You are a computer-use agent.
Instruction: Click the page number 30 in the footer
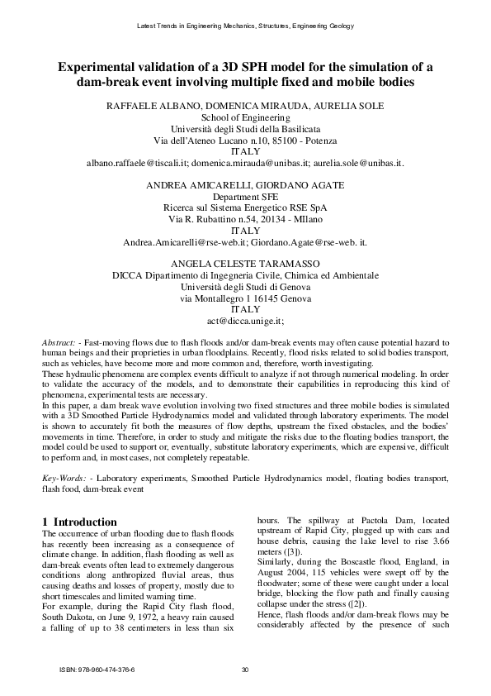(x=245, y=670)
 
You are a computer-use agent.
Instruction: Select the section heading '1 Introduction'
(x=80, y=522)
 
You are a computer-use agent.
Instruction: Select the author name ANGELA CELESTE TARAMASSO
(x=245, y=262)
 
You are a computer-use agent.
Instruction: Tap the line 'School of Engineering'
(x=245, y=118)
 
